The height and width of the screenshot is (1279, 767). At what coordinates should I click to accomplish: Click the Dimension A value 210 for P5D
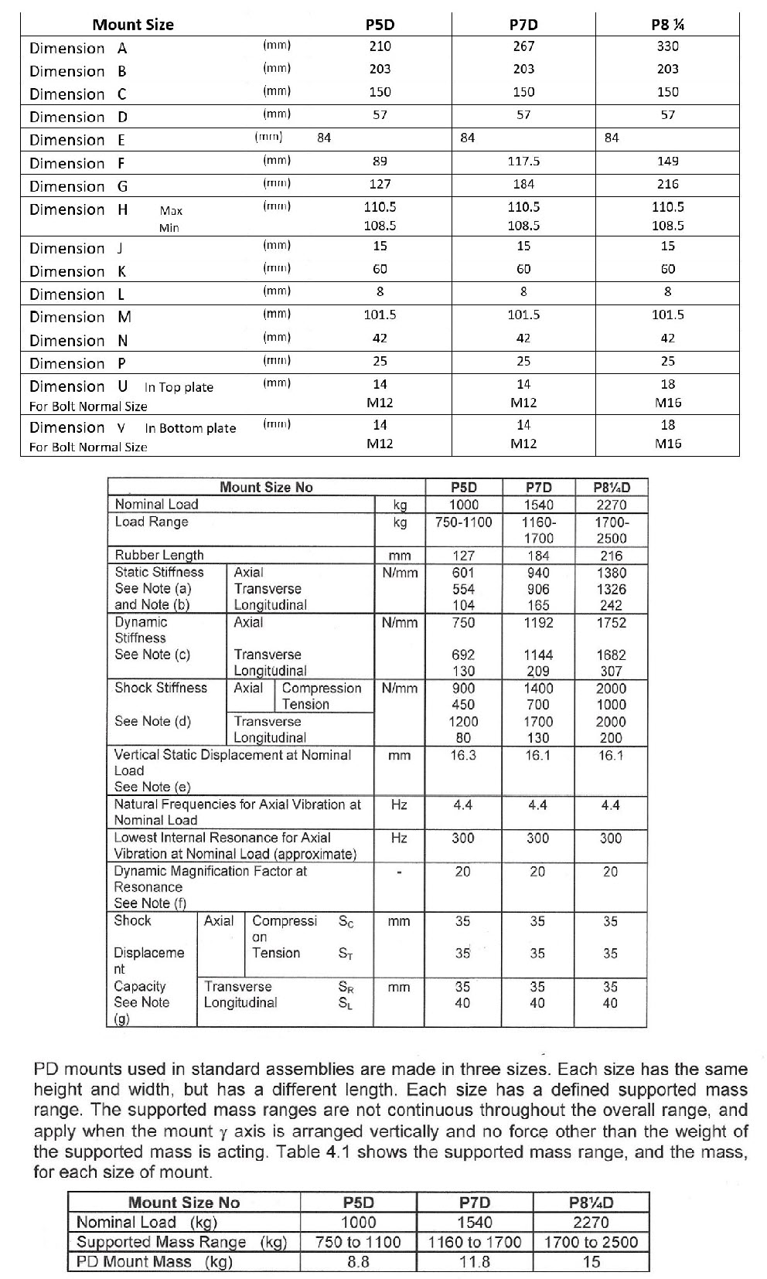pos(380,46)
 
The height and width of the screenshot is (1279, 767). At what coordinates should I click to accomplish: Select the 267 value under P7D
pos(523,46)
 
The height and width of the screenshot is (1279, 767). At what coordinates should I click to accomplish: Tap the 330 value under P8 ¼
pos(667,46)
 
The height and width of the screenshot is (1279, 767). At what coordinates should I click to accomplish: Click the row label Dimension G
pos(78,186)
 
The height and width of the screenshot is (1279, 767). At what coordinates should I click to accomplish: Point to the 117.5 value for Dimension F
pos(523,162)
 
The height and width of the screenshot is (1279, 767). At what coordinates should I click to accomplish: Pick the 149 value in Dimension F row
pos(667,162)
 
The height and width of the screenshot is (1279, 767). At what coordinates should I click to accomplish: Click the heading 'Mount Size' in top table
pos(133,24)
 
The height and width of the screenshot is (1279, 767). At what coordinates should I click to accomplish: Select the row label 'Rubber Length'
pos(159,555)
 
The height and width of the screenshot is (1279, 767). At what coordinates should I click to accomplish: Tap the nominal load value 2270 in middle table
pos(611,505)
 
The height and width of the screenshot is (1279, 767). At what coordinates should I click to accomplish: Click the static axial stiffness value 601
pos(462,573)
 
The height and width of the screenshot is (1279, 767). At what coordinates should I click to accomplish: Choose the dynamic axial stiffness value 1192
pos(537,623)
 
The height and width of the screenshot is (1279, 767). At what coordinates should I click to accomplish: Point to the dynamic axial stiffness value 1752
pos(611,623)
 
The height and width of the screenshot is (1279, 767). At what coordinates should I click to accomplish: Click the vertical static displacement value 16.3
pos(462,755)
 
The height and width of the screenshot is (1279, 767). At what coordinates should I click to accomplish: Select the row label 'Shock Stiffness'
pos(161,688)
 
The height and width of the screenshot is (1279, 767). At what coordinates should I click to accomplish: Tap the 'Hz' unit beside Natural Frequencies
pos(399,804)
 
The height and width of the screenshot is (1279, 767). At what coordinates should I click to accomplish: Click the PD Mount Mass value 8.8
pos(358,1262)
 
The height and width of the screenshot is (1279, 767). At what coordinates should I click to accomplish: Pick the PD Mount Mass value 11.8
pos(474,1262)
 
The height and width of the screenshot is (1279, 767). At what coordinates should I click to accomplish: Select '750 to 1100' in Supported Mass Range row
pos(358,1242)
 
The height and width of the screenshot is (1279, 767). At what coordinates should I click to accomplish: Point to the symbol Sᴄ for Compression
pos(347,921)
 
